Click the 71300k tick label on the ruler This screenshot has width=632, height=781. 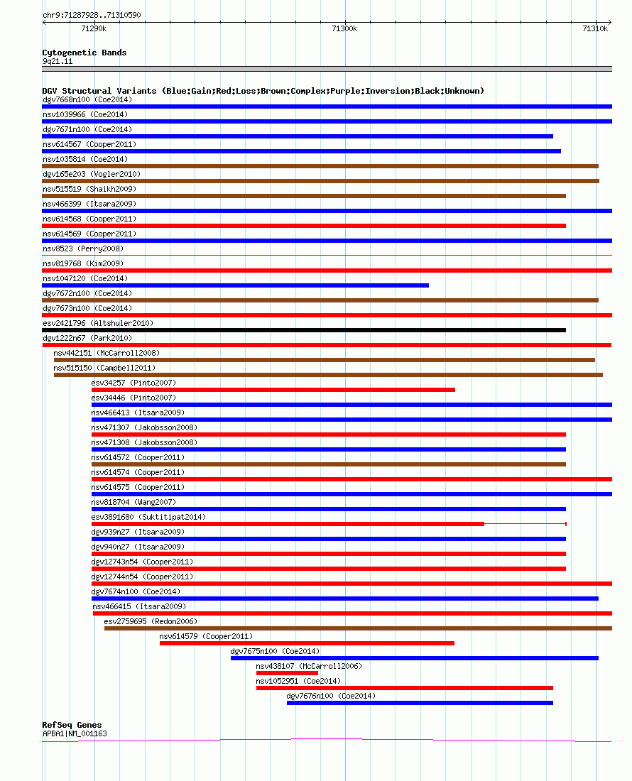344,29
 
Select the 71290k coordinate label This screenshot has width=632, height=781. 94,29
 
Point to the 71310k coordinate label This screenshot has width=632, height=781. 595,29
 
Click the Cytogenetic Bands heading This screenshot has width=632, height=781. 85,53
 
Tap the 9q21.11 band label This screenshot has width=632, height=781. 58,62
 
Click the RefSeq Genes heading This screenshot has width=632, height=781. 72,725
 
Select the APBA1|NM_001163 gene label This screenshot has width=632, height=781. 75,733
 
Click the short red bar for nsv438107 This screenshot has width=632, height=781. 287,673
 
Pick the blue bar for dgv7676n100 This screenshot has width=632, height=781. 420,704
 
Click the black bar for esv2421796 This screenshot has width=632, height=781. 304,330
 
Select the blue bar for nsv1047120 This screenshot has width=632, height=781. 236,285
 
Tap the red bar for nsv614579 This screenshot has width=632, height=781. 307,643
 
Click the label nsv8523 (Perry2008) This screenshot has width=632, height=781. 83,248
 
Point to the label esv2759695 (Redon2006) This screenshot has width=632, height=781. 151,622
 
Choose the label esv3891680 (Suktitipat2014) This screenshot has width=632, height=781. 148,517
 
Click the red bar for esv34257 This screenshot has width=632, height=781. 273,390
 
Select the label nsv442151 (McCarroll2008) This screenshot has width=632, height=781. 107,353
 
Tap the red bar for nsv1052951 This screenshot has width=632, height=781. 404,689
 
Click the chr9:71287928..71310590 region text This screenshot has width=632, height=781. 92,15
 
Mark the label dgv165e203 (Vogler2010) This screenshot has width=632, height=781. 92,175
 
